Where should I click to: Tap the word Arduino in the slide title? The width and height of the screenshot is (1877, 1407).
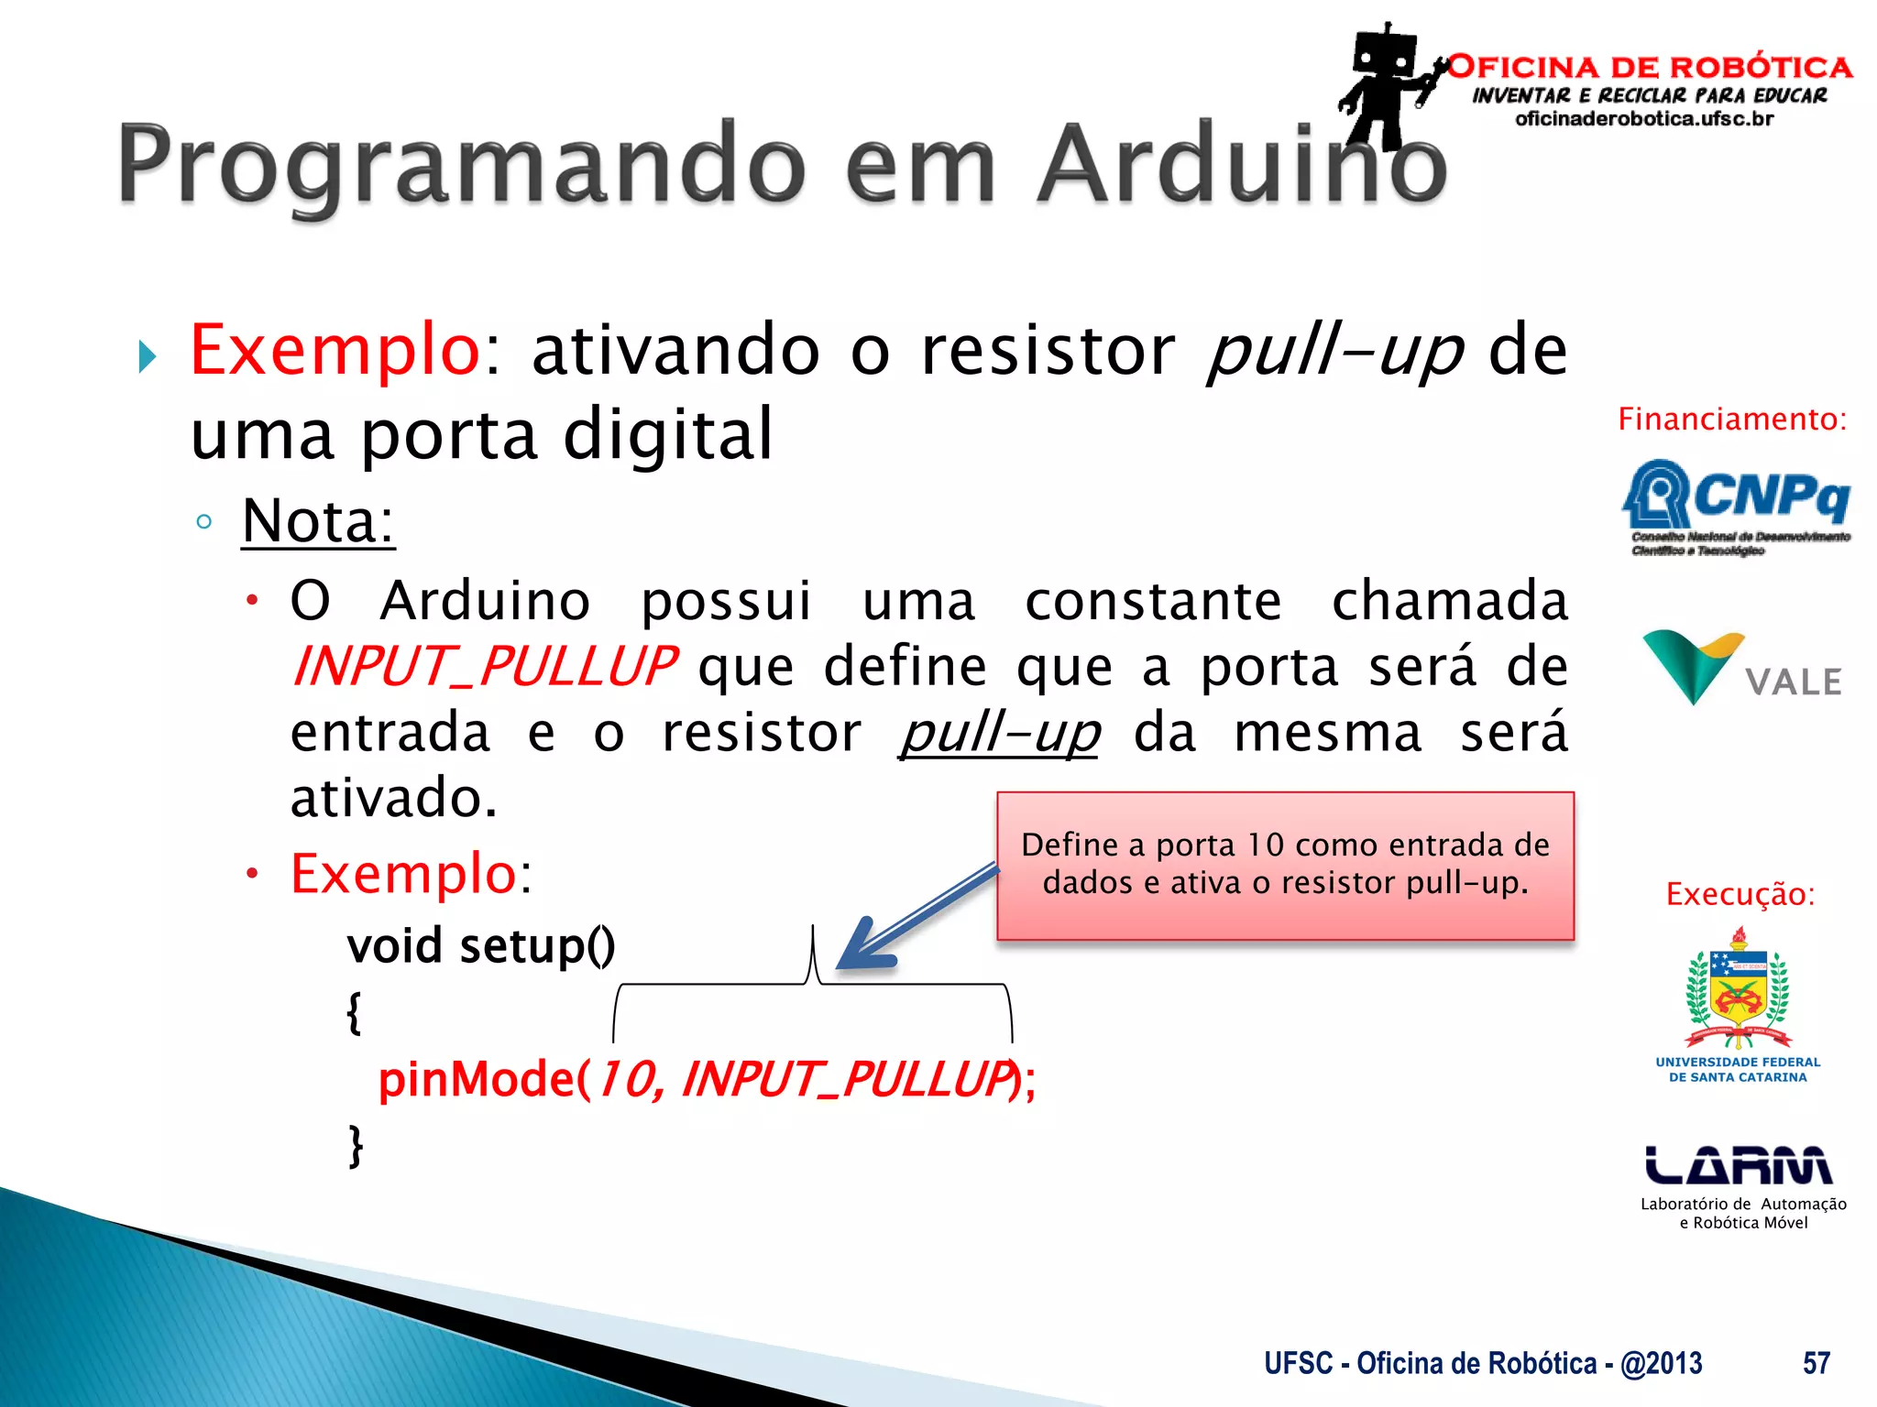coord(1242,165)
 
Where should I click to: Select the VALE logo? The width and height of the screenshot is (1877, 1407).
coord(1741,669)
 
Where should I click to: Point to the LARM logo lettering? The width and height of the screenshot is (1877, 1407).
coord(1738,1165)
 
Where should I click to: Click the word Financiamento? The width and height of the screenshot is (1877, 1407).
coord(1731,420)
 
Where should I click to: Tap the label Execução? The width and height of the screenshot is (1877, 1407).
coord(1740,894)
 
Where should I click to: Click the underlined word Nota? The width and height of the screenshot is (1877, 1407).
coord(317,521)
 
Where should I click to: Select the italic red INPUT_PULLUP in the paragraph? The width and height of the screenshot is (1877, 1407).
coord(484,667)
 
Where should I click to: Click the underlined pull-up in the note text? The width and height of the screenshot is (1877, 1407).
coord(1000,733)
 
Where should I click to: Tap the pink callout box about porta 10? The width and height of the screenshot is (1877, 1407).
coord(1285,865)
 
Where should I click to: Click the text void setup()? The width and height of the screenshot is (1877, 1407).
coord(480,946)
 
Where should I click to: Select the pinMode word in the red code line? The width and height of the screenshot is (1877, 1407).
coord(475,1079)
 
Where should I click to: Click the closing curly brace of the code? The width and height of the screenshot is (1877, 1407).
coord(356,1146)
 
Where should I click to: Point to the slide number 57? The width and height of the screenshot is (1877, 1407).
coord(1816,1363)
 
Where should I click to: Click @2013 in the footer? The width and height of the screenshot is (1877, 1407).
coord(1661,1363)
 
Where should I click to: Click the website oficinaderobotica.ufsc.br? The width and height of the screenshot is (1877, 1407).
coord(1644,119)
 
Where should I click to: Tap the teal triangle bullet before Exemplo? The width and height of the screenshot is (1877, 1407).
coord(148,356)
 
